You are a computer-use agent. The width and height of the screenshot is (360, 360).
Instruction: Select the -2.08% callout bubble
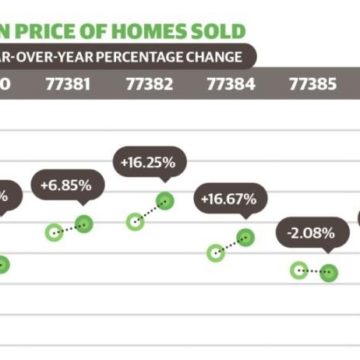(311, 232)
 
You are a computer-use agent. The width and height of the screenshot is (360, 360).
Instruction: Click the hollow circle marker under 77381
(54, 233)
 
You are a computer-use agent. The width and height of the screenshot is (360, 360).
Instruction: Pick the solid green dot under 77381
(84, 224)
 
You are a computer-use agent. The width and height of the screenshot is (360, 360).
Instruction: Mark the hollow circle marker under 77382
(133, 220)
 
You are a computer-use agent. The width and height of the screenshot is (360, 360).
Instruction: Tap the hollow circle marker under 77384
(215, 253)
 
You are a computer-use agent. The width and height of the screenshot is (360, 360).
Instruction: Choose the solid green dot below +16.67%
(245, 236)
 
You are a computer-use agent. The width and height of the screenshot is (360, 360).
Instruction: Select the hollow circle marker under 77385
(298, 270)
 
